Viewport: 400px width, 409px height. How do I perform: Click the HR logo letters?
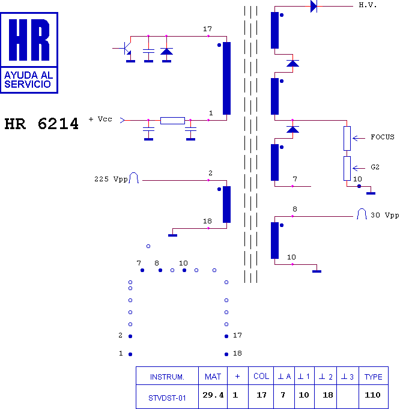click(x=29, y=40)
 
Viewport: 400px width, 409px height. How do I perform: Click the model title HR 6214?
click(x=41, y=124)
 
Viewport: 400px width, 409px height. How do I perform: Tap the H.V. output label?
click(x=368, y=5)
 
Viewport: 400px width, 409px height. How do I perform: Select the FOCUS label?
click(x=383, y=137)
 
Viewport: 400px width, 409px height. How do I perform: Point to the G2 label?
click(x=375, y=167)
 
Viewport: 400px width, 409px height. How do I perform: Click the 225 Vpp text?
click(x=111, y=179)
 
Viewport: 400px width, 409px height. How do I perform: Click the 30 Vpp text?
click(x=385, y=215)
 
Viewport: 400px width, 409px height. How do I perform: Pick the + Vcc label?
click(x=100, y=119)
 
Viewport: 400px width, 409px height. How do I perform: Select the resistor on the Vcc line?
click(x=173, y=121)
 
